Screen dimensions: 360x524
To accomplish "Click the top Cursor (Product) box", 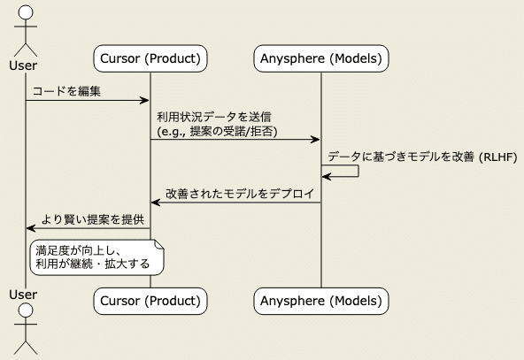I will point(150,59).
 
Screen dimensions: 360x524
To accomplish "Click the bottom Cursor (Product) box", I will point(150,302).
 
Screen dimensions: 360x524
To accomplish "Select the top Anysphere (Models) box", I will point(321,59).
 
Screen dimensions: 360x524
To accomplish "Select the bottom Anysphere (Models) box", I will point(321,302).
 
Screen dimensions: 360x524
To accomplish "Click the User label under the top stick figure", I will point(26,65).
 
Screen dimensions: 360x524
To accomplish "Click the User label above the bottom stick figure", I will point(26,293).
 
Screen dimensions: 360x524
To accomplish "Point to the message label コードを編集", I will point(66,91).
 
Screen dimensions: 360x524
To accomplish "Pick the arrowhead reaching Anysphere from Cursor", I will point(315,140).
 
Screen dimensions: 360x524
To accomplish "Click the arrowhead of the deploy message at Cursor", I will point(156,203).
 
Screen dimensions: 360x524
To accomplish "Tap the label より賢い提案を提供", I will point(92,218).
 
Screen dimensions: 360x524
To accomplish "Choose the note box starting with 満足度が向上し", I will point(97,257).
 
